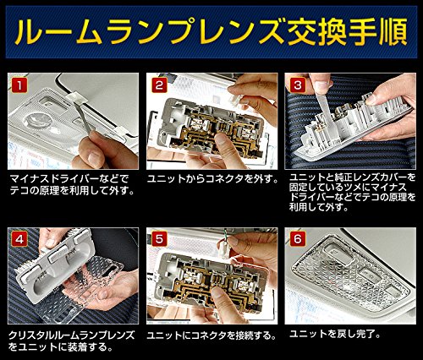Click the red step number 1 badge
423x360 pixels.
click(x=19, y=85)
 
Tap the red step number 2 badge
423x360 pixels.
click(x=159, y=85)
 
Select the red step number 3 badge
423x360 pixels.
click(x=298, y=85)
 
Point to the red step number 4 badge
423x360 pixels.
click(x=19, y=240)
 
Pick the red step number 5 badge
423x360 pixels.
click(x=159, y=240)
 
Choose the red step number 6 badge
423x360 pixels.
click(x=298, y=240)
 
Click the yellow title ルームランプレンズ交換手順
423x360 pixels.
click(x=211, y=31)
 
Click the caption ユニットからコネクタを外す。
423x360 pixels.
click(x=213, y=179)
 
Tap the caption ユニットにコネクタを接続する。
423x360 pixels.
click(x=211, y=335)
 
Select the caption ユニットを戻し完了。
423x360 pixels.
click(x=335, y=334)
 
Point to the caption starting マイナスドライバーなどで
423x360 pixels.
click(x=72, y=185)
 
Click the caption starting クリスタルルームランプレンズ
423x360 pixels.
click(x=72, y=341)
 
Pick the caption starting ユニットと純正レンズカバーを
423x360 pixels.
click(x=353, y=193)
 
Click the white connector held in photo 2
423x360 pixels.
click(x=235, y=100)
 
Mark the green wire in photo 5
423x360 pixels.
click(x=225, y=234)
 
